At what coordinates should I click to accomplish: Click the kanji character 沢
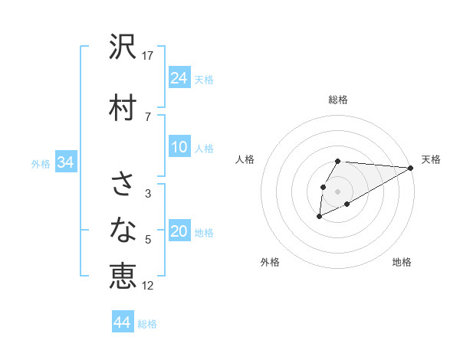[123, 48]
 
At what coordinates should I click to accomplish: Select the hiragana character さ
[123, 185]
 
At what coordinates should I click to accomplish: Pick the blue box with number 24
[179, 78]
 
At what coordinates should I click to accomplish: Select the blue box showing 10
[179, 147]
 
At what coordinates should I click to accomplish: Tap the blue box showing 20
[179, 232]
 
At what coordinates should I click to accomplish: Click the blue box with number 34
[65, 162]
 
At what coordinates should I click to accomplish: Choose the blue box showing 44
[123, 322]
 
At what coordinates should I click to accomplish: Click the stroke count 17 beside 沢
[149, 56]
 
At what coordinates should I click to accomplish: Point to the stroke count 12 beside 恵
[149, 286]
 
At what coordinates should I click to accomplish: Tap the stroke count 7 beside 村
[147, 116]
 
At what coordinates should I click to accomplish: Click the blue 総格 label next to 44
[147, 324]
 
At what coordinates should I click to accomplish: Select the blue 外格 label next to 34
[41, 163]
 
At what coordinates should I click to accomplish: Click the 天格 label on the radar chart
[431, 159]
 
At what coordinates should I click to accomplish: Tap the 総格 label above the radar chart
[338, 100]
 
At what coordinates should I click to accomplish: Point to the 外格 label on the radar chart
[270, 262]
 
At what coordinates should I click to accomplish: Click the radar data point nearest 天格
[410, 168]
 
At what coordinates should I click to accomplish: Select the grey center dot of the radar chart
[337, 191]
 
